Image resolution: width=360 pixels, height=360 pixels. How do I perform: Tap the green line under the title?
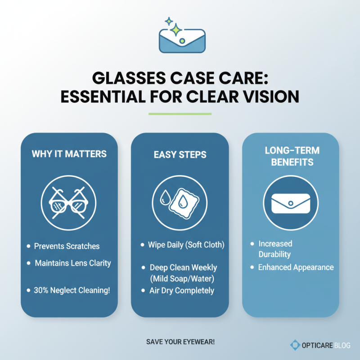coord(180,114)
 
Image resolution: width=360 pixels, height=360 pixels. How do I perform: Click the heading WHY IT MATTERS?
coord(69,154)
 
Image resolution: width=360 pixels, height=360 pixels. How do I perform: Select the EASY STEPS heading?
coord(180,155)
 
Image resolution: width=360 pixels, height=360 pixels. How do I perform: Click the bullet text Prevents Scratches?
coord(67,246)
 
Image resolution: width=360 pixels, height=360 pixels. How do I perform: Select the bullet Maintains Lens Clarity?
coord(72,263)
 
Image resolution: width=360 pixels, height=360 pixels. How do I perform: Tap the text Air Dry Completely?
coord(181,290)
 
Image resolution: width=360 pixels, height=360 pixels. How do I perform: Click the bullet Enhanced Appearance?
coord(296,267)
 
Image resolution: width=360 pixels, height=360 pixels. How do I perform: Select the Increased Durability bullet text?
coord(275,249)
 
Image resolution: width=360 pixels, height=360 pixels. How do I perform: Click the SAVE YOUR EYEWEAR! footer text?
coord(180,342)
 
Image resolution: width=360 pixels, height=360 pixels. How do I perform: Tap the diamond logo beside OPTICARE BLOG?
coord(295,345)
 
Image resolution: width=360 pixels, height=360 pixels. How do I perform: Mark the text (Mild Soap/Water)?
coord(183,279)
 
